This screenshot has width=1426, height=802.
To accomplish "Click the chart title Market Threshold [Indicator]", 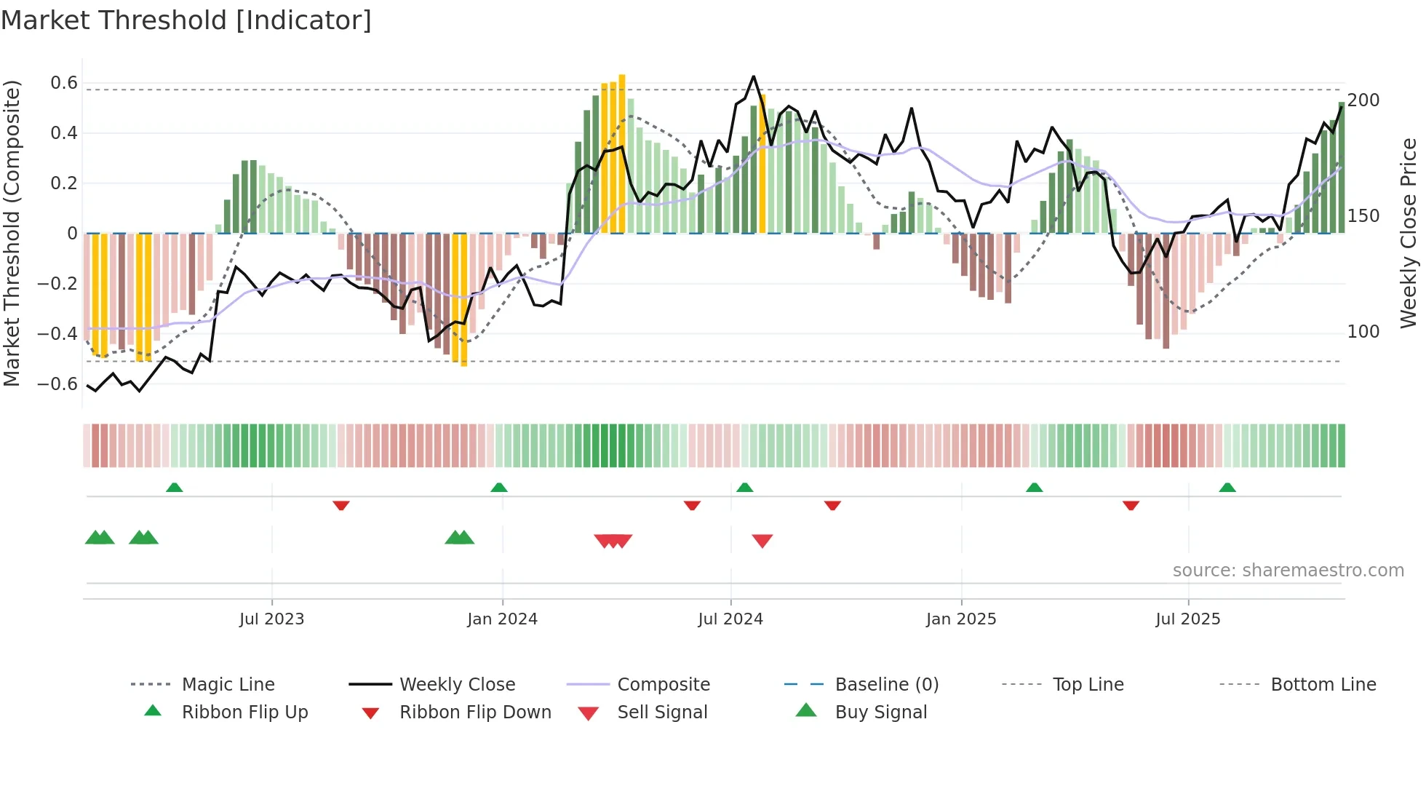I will [x=186, y=20].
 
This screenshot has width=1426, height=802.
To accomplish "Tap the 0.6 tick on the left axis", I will [x=64, y=83].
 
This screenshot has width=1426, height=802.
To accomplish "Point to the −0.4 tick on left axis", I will [x=58, y=333].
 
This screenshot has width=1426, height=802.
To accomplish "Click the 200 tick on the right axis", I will [x=1363, y=100].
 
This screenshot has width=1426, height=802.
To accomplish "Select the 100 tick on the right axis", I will [x=1363, y=332].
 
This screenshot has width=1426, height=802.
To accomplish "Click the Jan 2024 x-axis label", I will [x=502, y=619].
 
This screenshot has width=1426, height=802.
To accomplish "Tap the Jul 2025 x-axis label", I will [x=1187, y=619].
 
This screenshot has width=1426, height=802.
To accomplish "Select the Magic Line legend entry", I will [x=228, y=685].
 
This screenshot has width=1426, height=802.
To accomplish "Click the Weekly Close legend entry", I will [x=457, y=685].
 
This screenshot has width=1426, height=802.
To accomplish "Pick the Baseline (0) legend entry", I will [x=886, y=685].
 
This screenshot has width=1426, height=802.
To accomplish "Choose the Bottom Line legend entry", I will [x=1323, y=685].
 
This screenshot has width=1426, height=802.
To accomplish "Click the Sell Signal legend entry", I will [x=662, y=712].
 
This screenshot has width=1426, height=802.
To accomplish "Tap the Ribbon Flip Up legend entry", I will [x=244, y=712].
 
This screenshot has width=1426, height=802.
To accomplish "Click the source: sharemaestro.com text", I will [x=1288, y=571].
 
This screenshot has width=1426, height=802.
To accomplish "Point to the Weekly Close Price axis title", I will [x=1409, y=233].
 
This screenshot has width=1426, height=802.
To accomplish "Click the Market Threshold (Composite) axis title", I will [x=12, y=233].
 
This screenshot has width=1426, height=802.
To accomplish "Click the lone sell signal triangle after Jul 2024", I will [x=762, y=541].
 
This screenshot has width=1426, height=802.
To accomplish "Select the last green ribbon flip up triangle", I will [x=1227, y=488].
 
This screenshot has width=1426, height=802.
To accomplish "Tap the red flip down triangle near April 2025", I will [x=1131, y=505].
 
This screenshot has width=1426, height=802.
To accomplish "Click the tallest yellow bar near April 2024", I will [x=622, y=153].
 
